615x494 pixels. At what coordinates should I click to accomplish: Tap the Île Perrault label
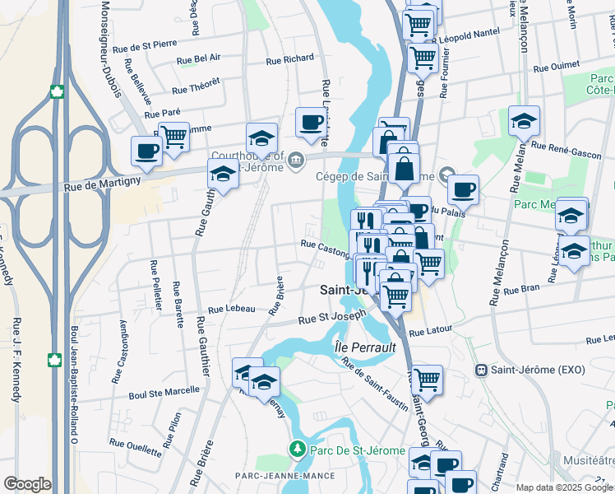(x=365, y=347)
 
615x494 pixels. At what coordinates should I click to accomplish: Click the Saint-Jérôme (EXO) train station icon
(x=481, y=370)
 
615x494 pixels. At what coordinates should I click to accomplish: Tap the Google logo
(x=27, y=484)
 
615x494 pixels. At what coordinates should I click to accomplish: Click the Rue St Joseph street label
(x=331, y=317)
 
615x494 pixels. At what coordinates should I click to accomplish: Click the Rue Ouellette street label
(x=136, y=444)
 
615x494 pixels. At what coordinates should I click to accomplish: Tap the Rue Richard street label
(x=291, y=59)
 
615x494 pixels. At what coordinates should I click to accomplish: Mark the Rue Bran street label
(x=520, y=289)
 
